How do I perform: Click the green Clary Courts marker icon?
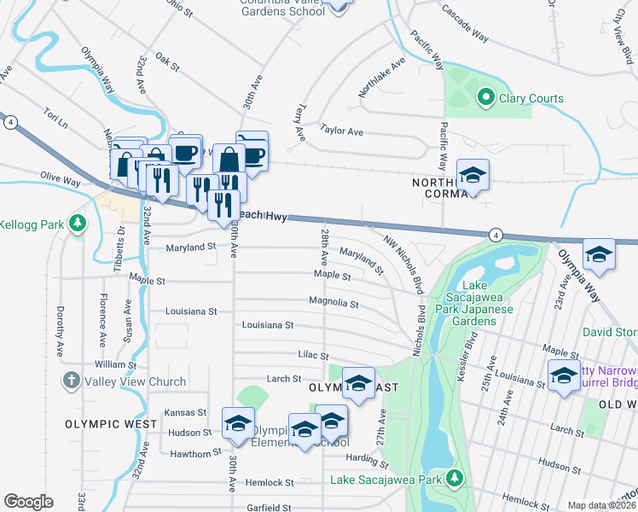(x=485, y=98)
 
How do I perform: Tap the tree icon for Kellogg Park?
(x=78, y=224)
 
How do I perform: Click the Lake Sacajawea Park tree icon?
(x=455, y=477)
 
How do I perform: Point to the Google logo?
(x=28, y=502)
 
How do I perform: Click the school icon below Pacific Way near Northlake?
(x=473, y=175)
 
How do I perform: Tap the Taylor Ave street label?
(x=341, y=131)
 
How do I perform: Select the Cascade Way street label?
(x=464, y=23)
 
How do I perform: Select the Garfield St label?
(x=269, y=507)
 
